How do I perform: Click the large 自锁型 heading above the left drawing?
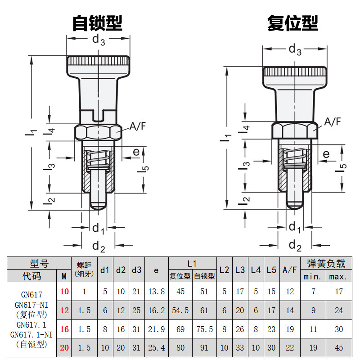pos(97,23)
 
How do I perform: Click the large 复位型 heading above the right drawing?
pos(292,23)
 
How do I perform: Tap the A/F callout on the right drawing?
pos(333,121)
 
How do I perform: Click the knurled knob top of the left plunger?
pos(98,60)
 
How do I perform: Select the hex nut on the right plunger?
pos(295,130)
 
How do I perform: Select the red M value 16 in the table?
pos(64,329)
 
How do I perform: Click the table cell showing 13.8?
pos(156,292)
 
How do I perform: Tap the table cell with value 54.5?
pos(180,310)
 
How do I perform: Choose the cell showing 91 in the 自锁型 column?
pos(204,348)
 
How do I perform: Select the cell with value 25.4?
pos(156,348)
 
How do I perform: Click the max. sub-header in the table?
pos(338,276)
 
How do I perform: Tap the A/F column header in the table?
pos(289,270)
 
